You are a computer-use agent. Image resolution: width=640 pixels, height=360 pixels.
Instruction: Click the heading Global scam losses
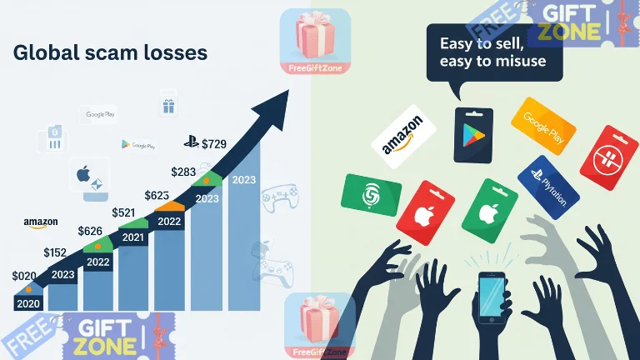point(110,52)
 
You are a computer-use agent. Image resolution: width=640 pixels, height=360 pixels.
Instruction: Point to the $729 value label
point(214,144)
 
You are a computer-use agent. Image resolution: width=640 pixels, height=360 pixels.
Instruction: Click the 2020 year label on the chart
point(28,304)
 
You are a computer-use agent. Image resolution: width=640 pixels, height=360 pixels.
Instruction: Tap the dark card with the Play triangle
point(473,134)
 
